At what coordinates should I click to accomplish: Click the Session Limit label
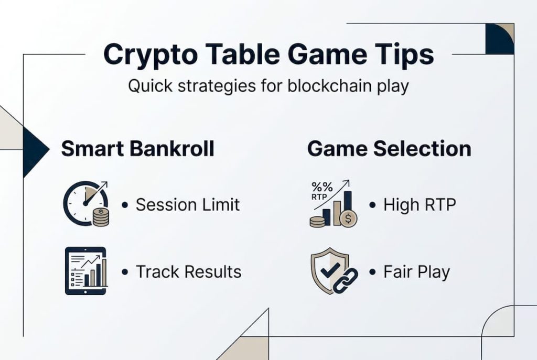click(188, 205)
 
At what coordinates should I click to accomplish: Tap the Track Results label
click(189, 272)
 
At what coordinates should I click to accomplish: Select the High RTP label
click(420, 205)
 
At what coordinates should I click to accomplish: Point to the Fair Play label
click(417, 272)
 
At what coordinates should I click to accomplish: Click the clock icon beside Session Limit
click(86, 203)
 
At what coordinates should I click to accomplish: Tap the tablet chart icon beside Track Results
click(85, 271)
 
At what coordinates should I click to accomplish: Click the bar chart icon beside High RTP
click(334, 204)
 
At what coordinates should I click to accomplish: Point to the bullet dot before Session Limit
click(125, 205)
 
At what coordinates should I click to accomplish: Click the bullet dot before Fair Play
click(373, 272)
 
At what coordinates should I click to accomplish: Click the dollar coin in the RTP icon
click(348, 218)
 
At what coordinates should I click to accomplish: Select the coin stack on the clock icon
click(101, 217)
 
